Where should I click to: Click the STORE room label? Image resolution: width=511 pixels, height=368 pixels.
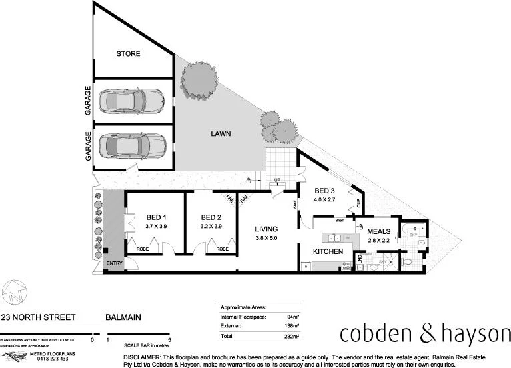pyautogui.click(x=127, y=54)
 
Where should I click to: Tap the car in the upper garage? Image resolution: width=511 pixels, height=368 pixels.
pyautogui.click(x=131, y=102)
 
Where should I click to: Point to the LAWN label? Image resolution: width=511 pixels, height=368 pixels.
pyautogui.click(x=221, y=134)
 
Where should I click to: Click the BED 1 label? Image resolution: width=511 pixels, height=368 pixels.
pyautogui.click(x=155, y=217)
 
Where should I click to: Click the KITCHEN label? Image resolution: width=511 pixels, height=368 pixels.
pyautogui.click(x=328, y=252)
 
